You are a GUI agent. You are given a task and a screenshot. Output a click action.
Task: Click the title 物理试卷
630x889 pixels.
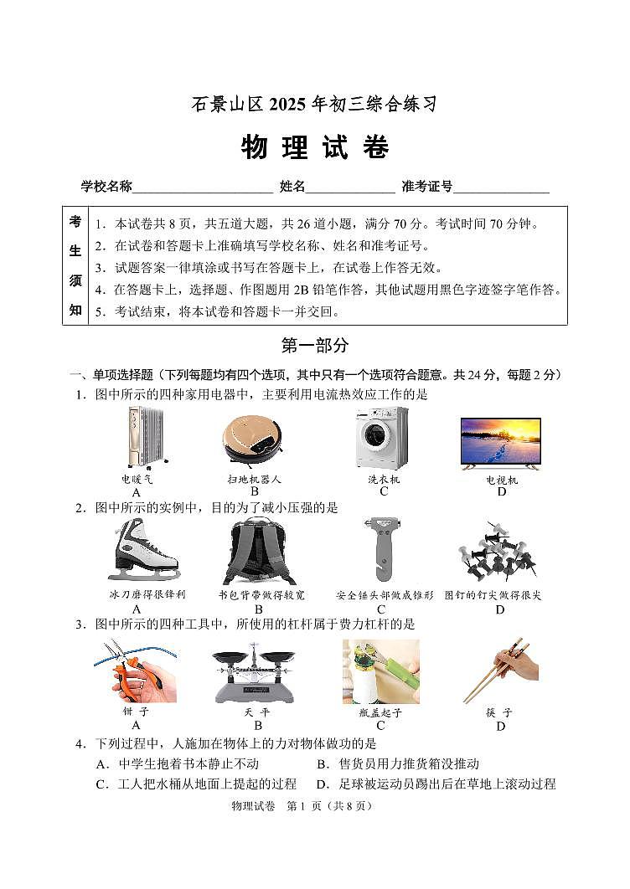point(315,147)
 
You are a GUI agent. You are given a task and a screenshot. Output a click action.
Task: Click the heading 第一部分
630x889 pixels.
point(315,345)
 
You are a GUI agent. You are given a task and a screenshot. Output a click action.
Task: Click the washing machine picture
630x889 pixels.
point(382,438)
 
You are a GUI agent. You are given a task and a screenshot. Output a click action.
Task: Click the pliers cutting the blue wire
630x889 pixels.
point(136,670)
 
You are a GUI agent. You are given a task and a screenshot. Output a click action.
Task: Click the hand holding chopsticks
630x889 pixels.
point(501,670)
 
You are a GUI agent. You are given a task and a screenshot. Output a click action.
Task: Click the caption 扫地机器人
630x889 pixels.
point(254,480)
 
